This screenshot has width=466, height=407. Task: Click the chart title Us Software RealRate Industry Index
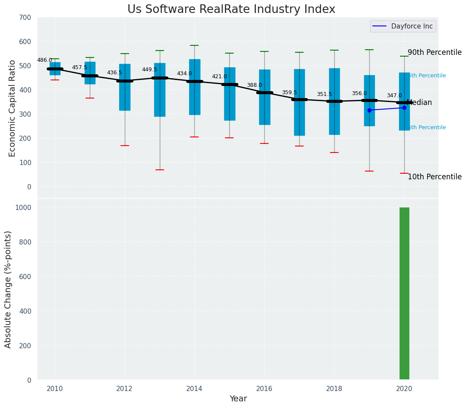[231, 10]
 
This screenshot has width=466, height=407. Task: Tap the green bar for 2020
[404, 294]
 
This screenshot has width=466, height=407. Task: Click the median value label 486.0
[44, 60]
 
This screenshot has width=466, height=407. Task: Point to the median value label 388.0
[254, 86]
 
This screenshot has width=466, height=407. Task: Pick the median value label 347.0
[394, 95]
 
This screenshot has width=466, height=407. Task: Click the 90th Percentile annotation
[434, 52]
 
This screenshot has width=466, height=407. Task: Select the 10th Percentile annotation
[434, 177]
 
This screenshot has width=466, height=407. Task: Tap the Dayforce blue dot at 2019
[369, 110]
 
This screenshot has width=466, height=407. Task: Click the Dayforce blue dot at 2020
[404, 108]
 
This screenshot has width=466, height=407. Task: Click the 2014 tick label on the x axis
[194, 388]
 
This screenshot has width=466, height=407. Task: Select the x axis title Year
[238, 399]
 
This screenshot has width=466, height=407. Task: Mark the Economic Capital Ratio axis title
[12, 108]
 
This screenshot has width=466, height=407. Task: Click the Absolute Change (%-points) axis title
[8, 289]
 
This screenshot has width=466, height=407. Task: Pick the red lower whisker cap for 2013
[160, 170]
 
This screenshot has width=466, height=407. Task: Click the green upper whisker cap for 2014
[194, 45]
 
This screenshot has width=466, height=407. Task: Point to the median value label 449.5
[149, 70]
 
